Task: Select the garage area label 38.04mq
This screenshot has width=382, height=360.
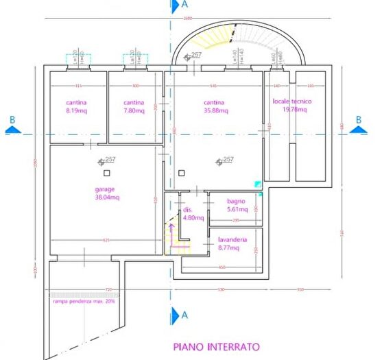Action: tap(106, 197)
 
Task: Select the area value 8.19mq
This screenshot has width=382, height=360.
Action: tap(75, 110)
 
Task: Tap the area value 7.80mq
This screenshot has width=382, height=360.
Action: tap(134, 110)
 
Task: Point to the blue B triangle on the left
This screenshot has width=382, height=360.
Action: tap(14, 128)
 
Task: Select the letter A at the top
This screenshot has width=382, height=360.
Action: tap(184, 5)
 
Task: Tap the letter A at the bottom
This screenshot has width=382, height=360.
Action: tap(184, 315)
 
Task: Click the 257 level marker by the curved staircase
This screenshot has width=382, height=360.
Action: tap(195, 56)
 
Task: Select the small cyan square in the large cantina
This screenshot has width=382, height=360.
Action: tap(257, 184)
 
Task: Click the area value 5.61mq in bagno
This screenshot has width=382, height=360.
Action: tap(228, 211)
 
